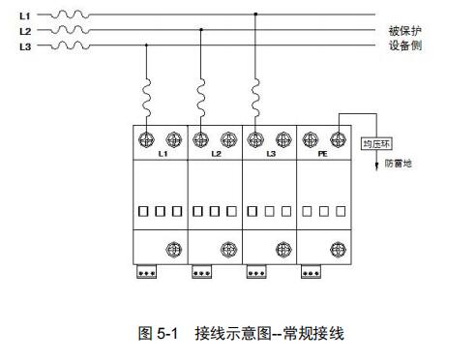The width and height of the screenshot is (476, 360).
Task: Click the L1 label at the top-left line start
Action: (x=24, y=15)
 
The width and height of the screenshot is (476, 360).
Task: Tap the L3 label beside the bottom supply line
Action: (x=24, y=45)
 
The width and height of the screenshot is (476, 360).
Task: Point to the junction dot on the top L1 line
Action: (x=255, y=15)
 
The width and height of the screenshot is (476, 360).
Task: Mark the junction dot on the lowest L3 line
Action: (x=146, y=45)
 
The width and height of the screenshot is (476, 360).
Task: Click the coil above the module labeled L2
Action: (x=200, y=96)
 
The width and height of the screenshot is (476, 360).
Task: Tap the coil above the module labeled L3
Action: (x=255, y=96)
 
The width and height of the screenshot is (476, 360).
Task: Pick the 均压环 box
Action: (x=375, y=144)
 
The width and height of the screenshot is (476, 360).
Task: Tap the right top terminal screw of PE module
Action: (x=339, y=137)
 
